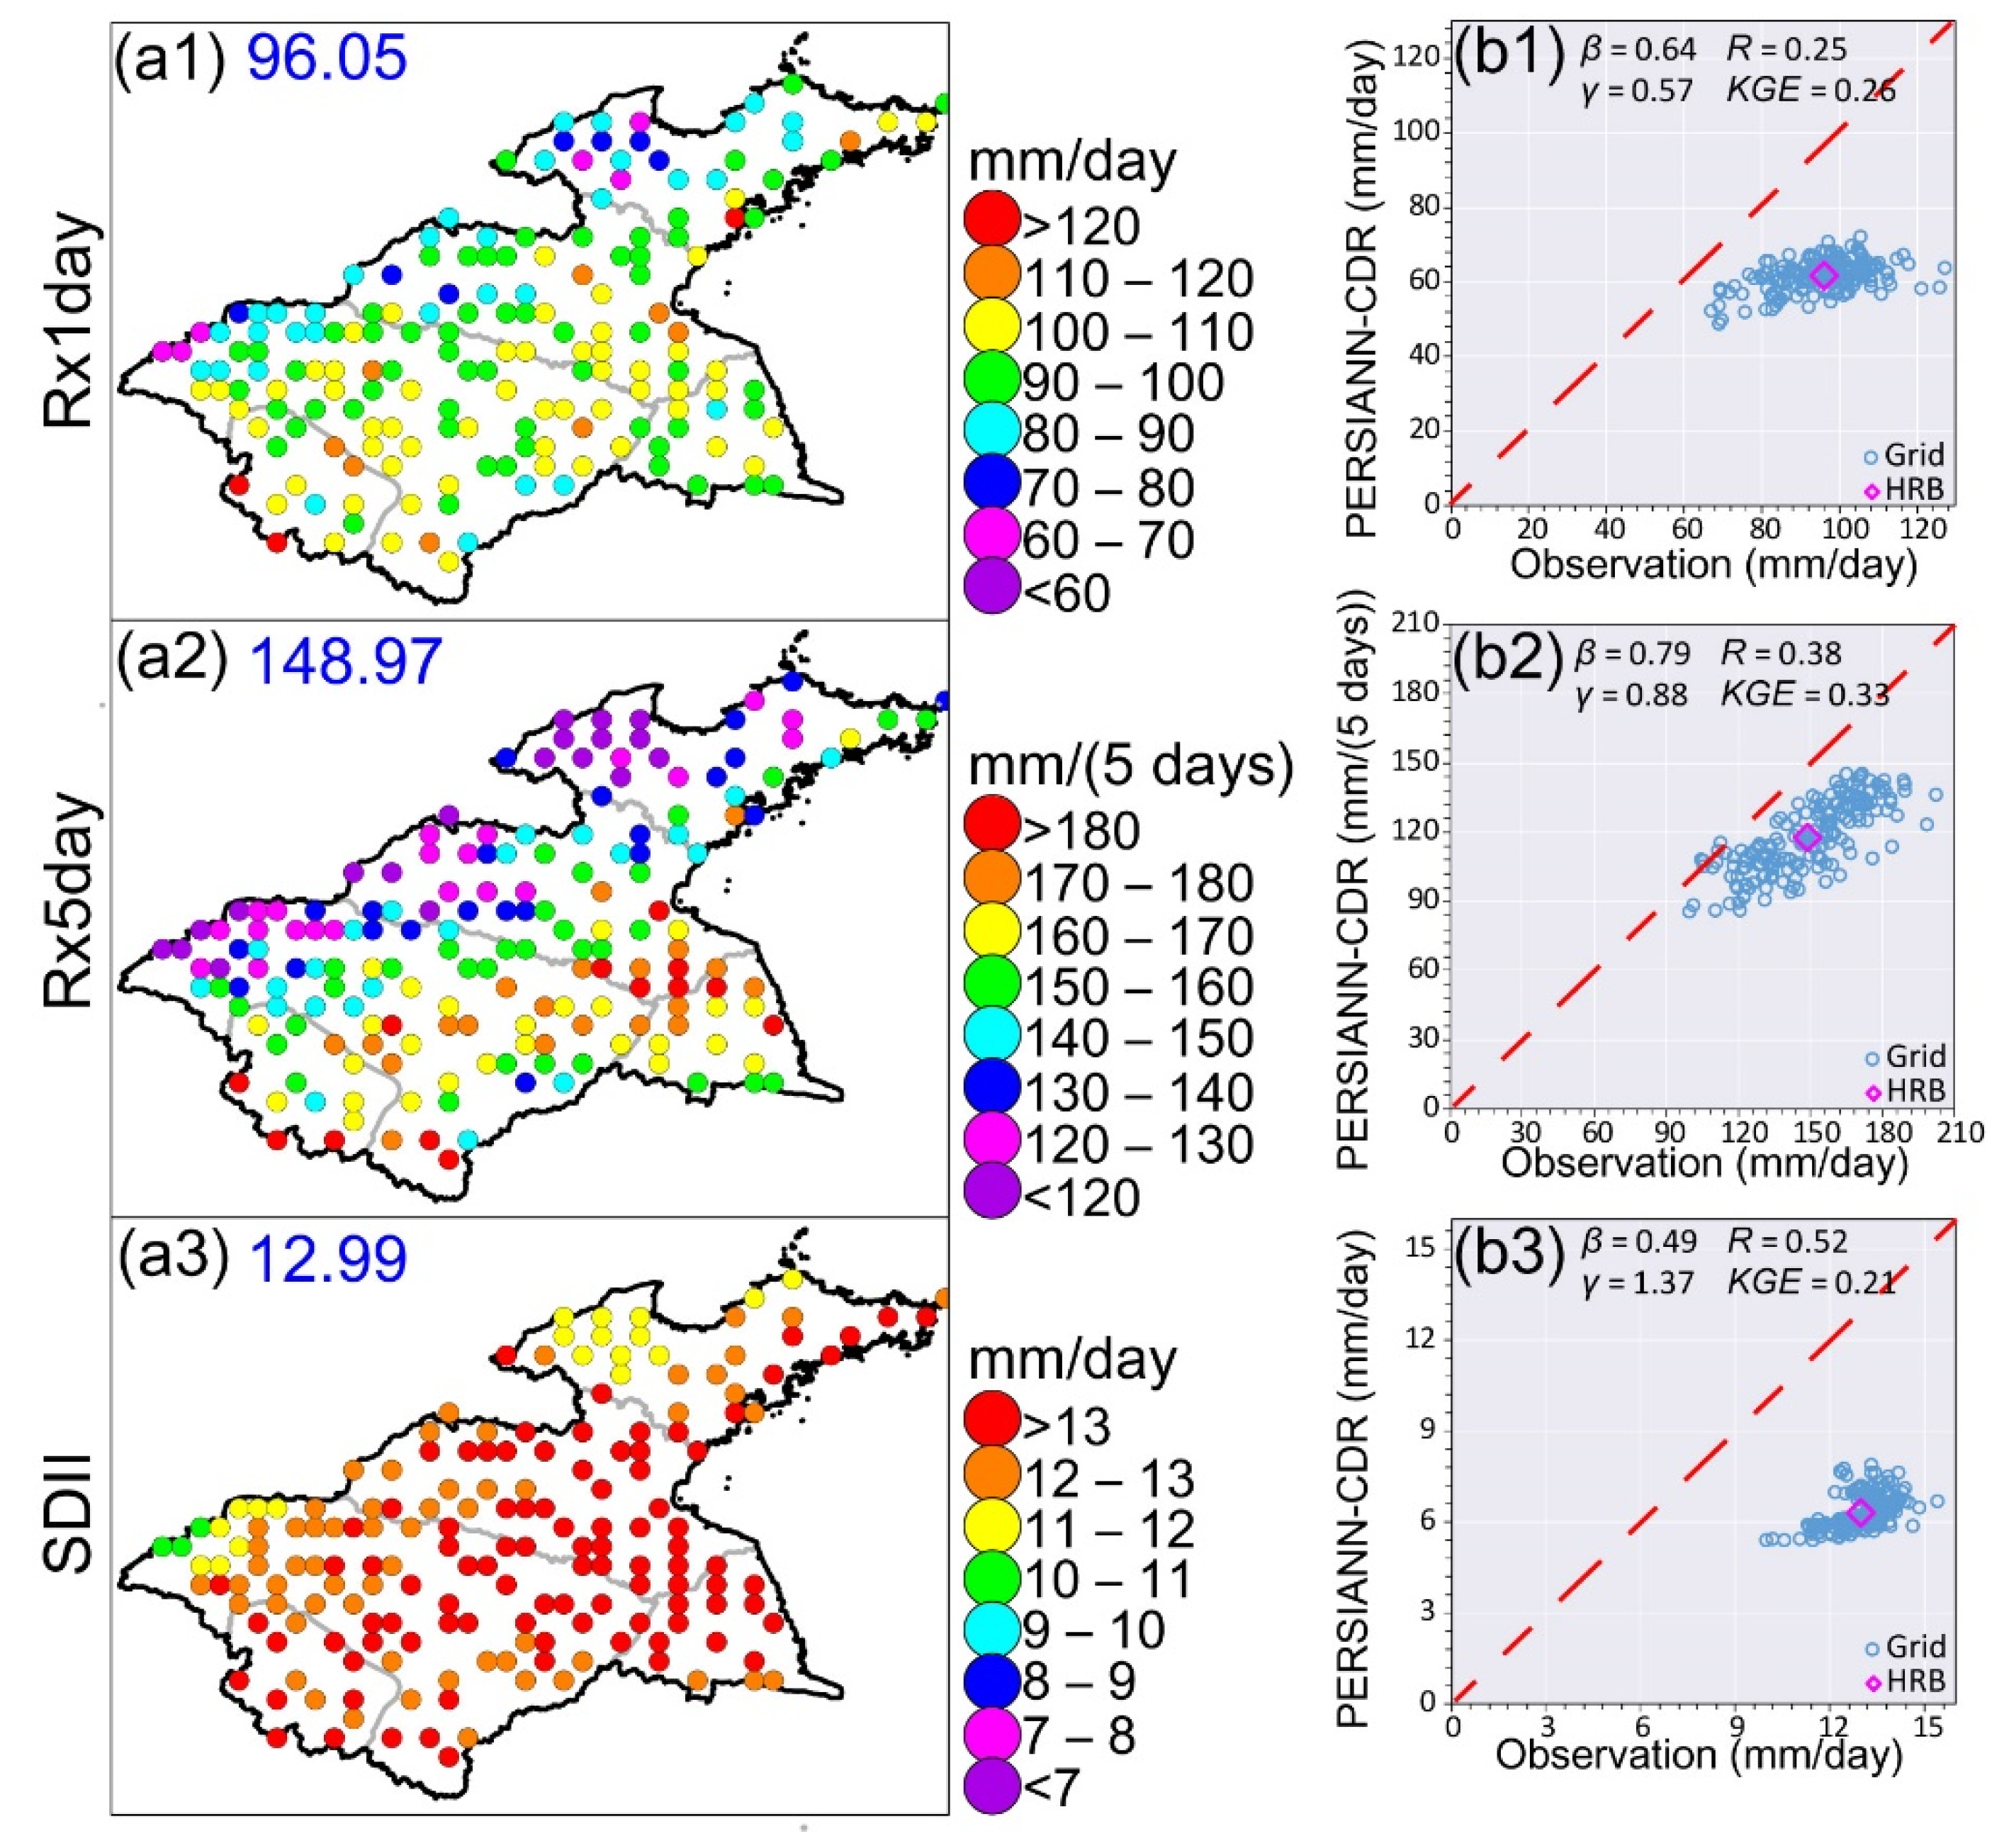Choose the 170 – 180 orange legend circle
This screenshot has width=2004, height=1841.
pyautogui.click(x=992, y=878)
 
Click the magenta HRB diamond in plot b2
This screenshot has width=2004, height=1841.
pyautogui.click(x=1808, y=838)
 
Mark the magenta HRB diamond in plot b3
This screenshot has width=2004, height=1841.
pyautogui.click(x=1861, y=1512)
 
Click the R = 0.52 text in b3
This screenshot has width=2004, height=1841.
pyautogui.click(x=1786, y=1241)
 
